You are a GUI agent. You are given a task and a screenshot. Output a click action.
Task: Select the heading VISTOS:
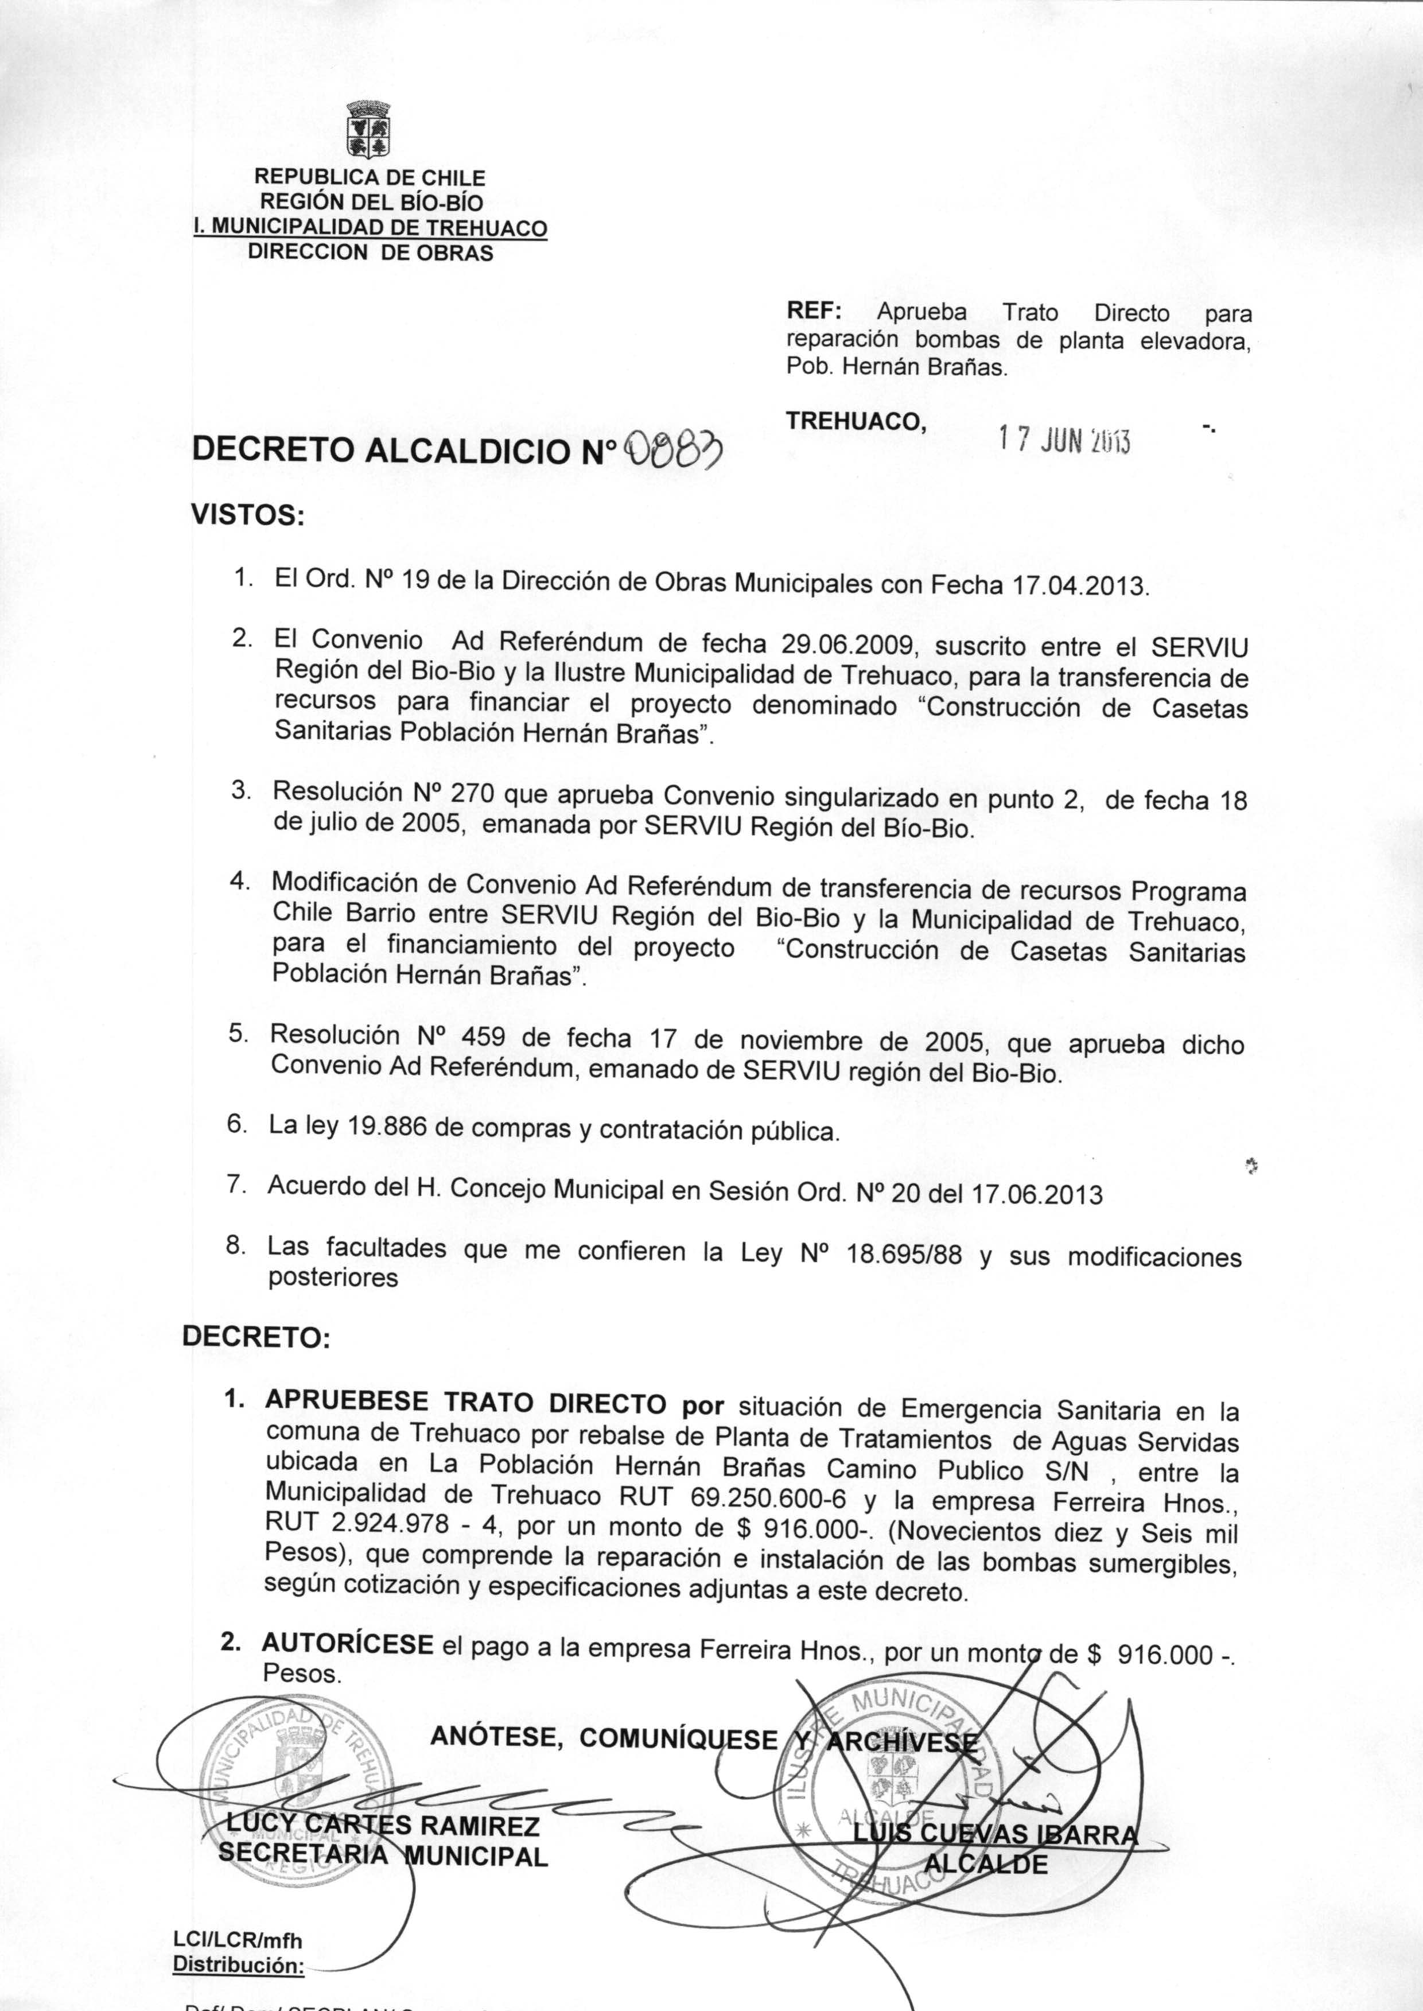point(248,516)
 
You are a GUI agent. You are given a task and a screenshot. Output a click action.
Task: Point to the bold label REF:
point(813,312)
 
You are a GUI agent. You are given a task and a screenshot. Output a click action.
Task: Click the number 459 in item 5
point(476,1038)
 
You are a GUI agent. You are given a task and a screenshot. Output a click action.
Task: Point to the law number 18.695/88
point(904,1256)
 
